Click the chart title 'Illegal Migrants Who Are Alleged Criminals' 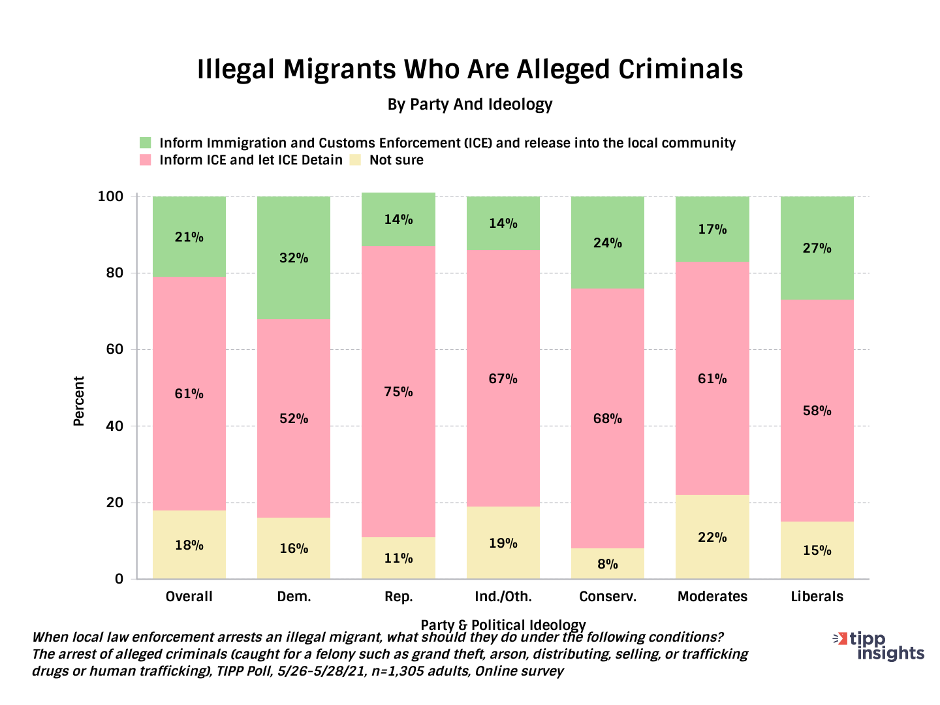[x=470, y=69]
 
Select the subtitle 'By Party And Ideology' [x=470, y=104]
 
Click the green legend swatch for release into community [x=146, y=143]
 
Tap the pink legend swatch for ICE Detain [x=146, y=160]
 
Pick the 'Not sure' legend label [x=396, y=160]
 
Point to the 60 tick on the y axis [x=114, y=350]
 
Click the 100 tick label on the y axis [x=110, y=196]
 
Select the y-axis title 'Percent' [x=79, y=401]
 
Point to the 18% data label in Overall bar [x=189, y=545]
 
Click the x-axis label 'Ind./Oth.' [x=503, y=597]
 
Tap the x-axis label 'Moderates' [x=712, y=597]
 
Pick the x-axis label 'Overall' [x=189, y=597]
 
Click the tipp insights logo [x=881, y=646]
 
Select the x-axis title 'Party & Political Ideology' [x=503, y=625]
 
